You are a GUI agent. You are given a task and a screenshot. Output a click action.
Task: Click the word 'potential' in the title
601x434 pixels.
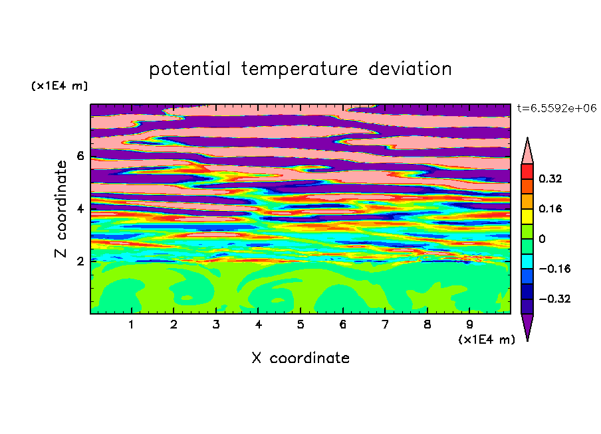[189, 69]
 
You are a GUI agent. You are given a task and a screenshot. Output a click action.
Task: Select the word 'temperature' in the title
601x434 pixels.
[299, 69]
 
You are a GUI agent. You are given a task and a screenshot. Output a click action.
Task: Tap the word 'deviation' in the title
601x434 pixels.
[410, 68]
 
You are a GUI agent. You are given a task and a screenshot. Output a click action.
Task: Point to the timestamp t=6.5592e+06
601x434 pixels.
[556, 108]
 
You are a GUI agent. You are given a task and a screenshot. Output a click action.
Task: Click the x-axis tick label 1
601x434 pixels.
[132, 325]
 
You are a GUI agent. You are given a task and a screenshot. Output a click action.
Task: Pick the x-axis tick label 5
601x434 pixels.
[300, 325]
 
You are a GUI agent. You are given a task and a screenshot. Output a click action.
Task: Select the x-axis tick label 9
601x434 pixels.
[469, 325]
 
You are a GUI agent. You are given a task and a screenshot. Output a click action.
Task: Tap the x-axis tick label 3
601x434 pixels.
[216, 325]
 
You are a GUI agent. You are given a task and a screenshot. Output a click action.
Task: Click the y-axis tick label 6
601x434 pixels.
[80, 156]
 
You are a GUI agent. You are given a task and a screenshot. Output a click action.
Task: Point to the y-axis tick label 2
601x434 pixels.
[80, 261]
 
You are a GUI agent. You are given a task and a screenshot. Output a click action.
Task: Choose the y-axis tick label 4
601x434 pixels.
[80, 208]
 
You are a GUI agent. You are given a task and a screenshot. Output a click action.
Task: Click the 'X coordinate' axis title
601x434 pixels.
[300, 358]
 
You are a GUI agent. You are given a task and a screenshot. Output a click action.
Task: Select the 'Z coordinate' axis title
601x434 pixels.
[60, 209]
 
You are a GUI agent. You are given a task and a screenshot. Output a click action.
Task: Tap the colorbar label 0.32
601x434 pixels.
[550, 179]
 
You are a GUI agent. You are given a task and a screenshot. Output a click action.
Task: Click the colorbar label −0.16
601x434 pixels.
[554, 269]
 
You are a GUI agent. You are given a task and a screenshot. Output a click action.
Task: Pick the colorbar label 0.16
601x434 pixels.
[550, 208]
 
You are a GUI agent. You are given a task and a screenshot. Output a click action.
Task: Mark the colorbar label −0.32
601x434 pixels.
[554, 299]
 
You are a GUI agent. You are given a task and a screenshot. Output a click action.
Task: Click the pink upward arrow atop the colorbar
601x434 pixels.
[527, 153]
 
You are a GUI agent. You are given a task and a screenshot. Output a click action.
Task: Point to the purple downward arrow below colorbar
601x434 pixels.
[527, 325]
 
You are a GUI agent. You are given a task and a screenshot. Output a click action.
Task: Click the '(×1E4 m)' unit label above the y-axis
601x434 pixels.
[59, 86]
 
